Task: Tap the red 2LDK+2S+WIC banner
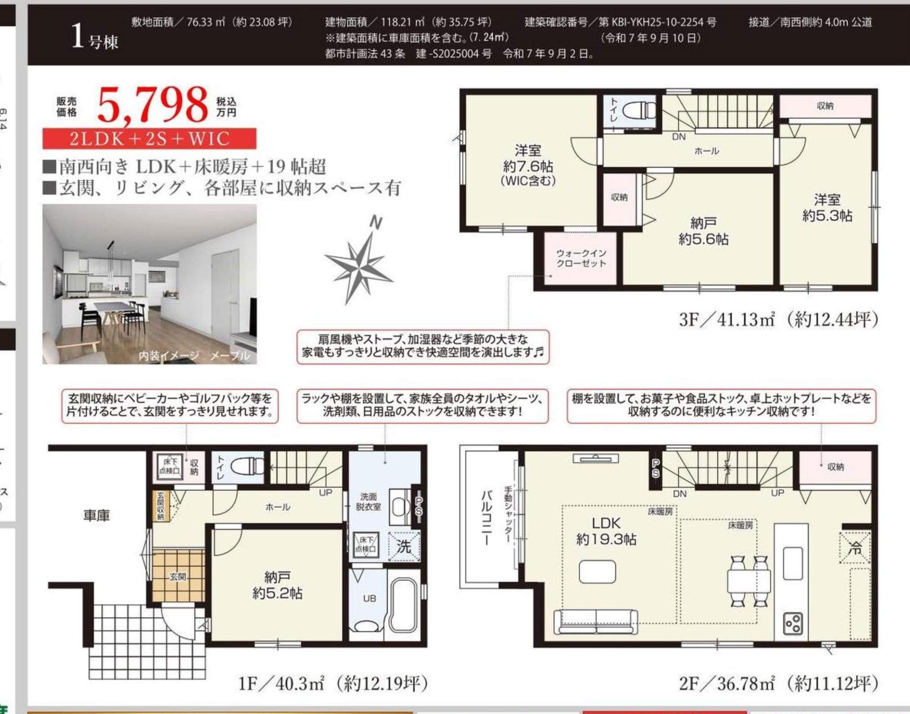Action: (149, 138)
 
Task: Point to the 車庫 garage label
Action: (97, 515)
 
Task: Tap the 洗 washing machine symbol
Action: (404, 546)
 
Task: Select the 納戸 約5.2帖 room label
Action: (277, 585)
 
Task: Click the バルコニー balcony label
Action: (487, 518)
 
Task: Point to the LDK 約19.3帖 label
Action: (606, 531)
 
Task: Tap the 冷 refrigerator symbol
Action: (855, 548)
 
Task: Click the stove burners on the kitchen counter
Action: (793, 623)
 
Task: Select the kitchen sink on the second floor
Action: (793, 563)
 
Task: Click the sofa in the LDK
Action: (596, 622)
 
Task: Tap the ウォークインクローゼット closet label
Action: (581, 258)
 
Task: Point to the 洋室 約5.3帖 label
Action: (827, 208)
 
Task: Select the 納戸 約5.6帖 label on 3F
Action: (703, 231)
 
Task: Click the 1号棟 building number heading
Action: (95, 37)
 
